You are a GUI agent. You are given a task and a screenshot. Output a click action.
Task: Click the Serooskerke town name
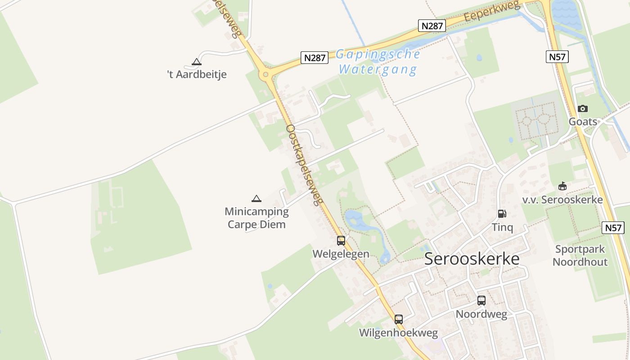(472, 259)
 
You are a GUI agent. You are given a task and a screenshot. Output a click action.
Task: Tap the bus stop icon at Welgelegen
(341, 241)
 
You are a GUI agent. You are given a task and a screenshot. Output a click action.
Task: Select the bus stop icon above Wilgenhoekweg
(399, 319)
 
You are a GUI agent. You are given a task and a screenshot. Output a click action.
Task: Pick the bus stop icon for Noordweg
(481, 301)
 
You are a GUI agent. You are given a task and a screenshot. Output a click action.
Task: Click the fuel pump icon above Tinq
(502, 214)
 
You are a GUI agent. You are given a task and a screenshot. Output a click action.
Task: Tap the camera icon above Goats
(583, 109)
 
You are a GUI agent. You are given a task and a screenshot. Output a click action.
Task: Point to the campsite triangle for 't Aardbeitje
(196, 62)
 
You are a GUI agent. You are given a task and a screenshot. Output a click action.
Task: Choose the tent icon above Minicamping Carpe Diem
(256, 198)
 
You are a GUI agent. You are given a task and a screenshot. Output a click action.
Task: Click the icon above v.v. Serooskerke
(562, 186)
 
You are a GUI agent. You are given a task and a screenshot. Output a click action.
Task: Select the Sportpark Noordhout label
(580, 256)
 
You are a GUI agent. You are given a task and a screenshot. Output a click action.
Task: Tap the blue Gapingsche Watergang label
(378, 62)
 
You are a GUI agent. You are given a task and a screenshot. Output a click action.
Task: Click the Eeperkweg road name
(492, 10)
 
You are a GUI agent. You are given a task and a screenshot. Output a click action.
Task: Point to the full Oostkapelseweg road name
(305, 165)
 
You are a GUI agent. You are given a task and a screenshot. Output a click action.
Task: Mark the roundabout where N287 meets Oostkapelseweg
(266, 74)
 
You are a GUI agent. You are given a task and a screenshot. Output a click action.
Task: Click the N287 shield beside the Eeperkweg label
(432, 26)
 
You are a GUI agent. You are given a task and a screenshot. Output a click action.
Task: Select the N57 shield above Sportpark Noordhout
(613, 228)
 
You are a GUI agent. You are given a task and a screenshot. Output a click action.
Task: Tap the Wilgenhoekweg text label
(398, 333)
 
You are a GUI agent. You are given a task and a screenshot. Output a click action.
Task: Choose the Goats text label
(583, 122)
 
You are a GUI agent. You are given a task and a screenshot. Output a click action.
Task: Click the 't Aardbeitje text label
(197, 75)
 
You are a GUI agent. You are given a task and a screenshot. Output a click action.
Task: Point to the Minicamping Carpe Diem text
(256, 218)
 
